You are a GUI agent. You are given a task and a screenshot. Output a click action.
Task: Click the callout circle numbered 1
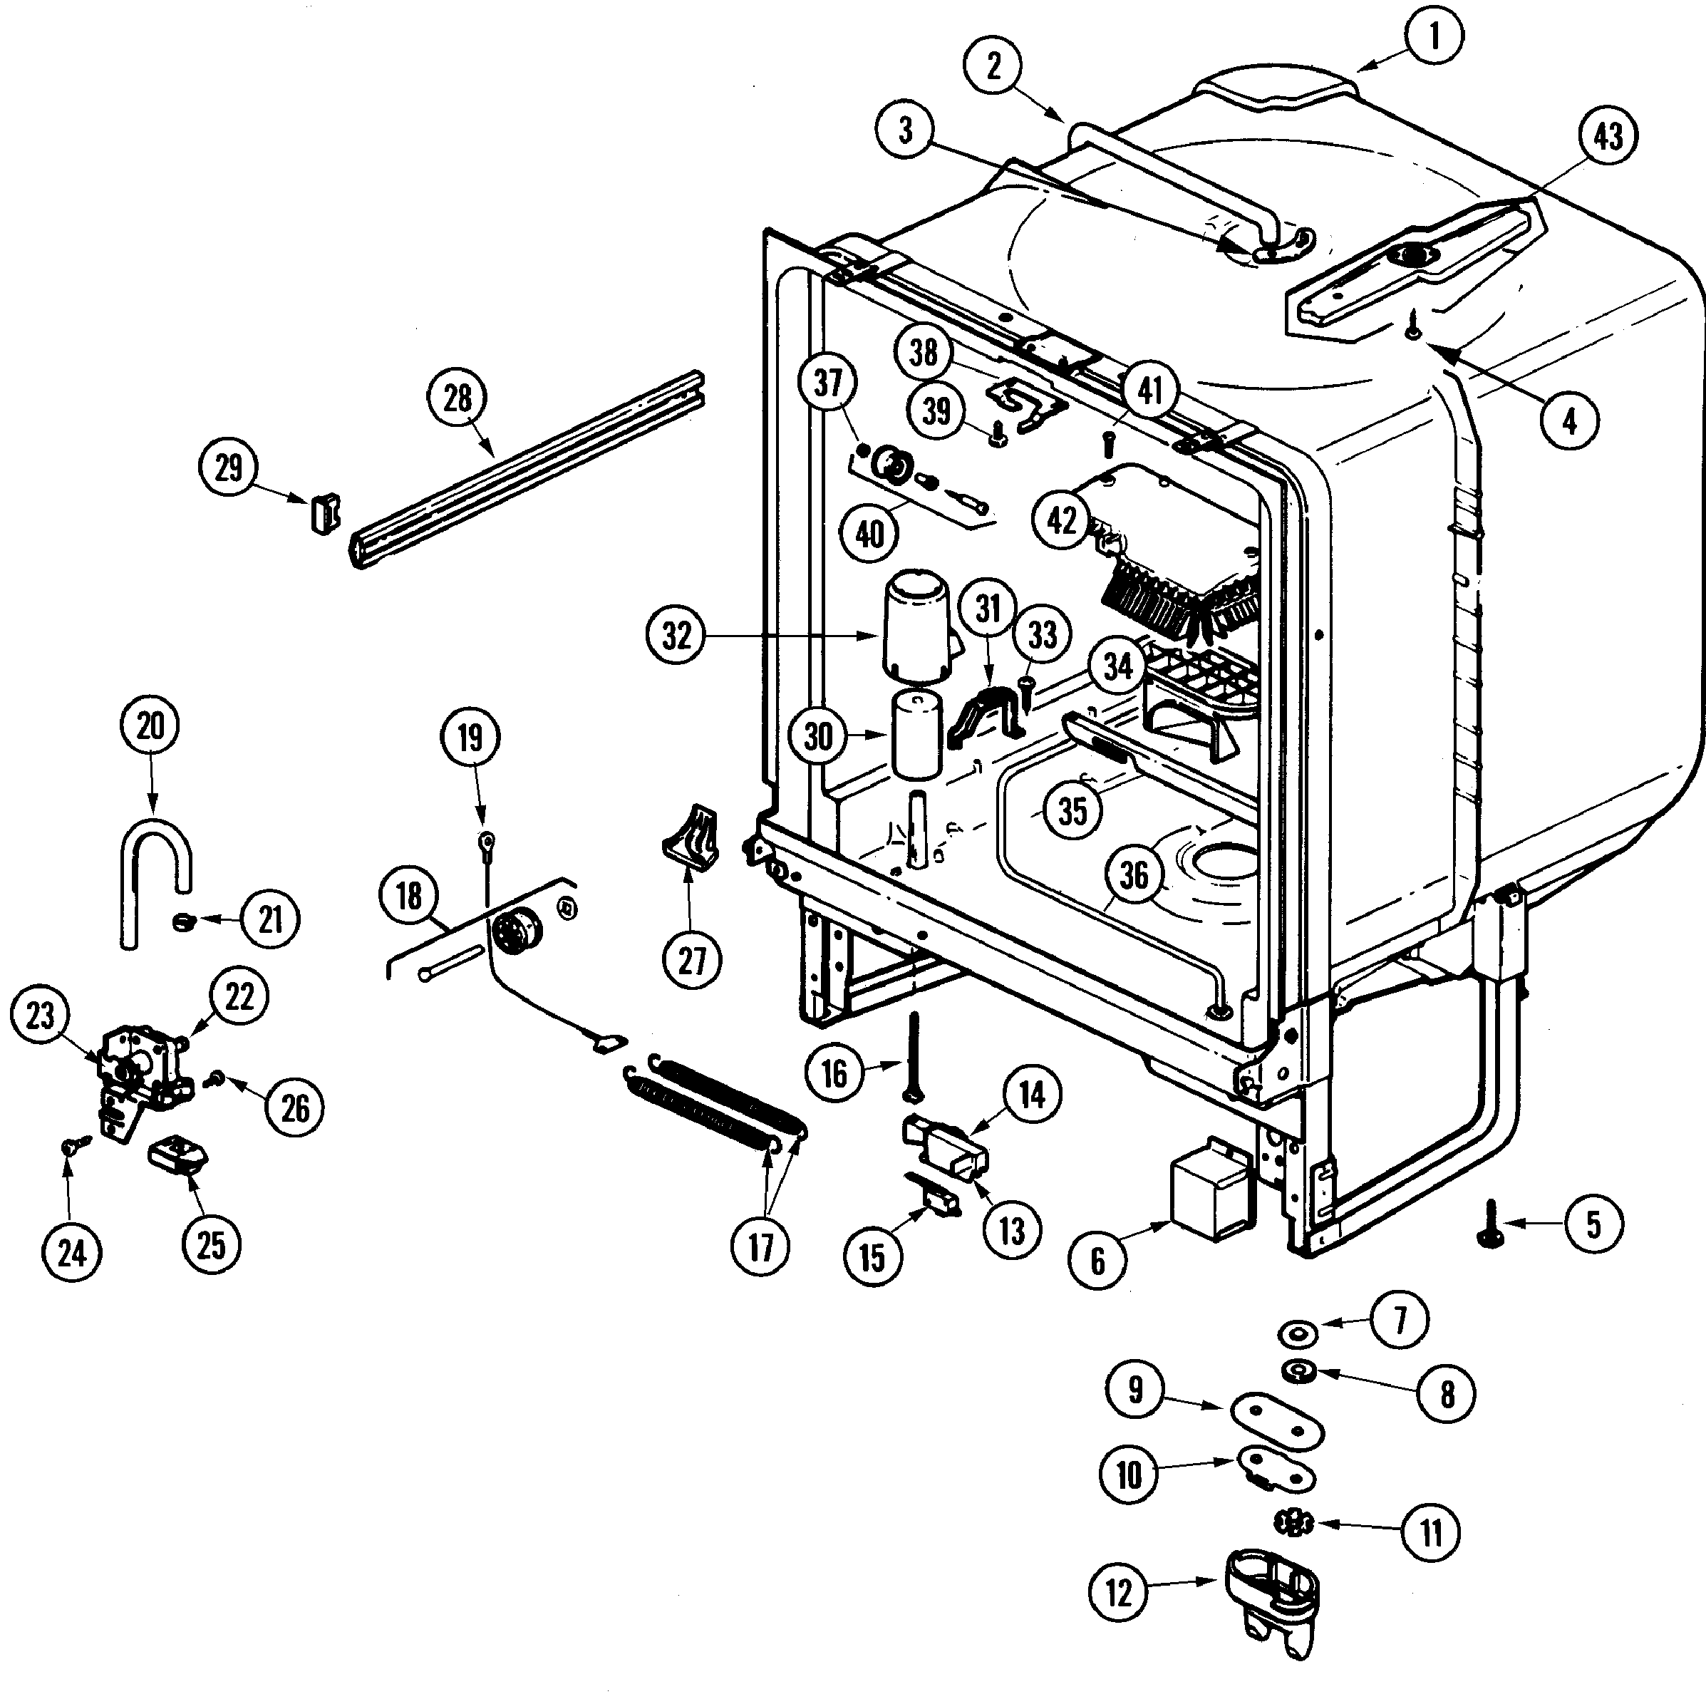click(1434, 36)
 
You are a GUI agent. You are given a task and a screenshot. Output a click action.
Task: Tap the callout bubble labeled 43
click(1608, 137)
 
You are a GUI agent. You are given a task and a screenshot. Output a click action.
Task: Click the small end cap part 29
click(324, 514)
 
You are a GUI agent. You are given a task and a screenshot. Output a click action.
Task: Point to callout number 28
click(457, 399)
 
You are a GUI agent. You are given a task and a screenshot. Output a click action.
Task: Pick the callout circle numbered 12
click(1118, 1593)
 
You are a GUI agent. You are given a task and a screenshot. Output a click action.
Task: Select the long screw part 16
click(913, 1056)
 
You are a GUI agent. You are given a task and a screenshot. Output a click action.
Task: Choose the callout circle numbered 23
click(40, 1016)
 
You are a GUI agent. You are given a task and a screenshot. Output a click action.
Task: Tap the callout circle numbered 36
click(1134, 875)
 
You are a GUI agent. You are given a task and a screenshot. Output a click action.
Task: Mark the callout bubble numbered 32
click(676, 635)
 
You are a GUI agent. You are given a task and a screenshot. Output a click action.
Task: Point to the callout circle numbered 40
click(870, 533)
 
